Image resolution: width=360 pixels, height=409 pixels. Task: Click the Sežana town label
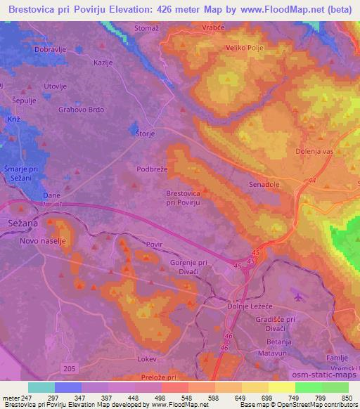[20, 221]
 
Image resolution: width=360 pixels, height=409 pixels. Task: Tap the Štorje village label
[145, 133]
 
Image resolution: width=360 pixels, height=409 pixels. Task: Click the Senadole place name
[264, 184]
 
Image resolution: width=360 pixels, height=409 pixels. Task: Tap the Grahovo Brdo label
[82, 110]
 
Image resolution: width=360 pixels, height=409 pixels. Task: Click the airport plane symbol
[298, 296]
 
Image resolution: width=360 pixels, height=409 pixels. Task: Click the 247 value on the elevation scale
[27, 398]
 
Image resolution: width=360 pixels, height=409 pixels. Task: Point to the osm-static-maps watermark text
[329, 376]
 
